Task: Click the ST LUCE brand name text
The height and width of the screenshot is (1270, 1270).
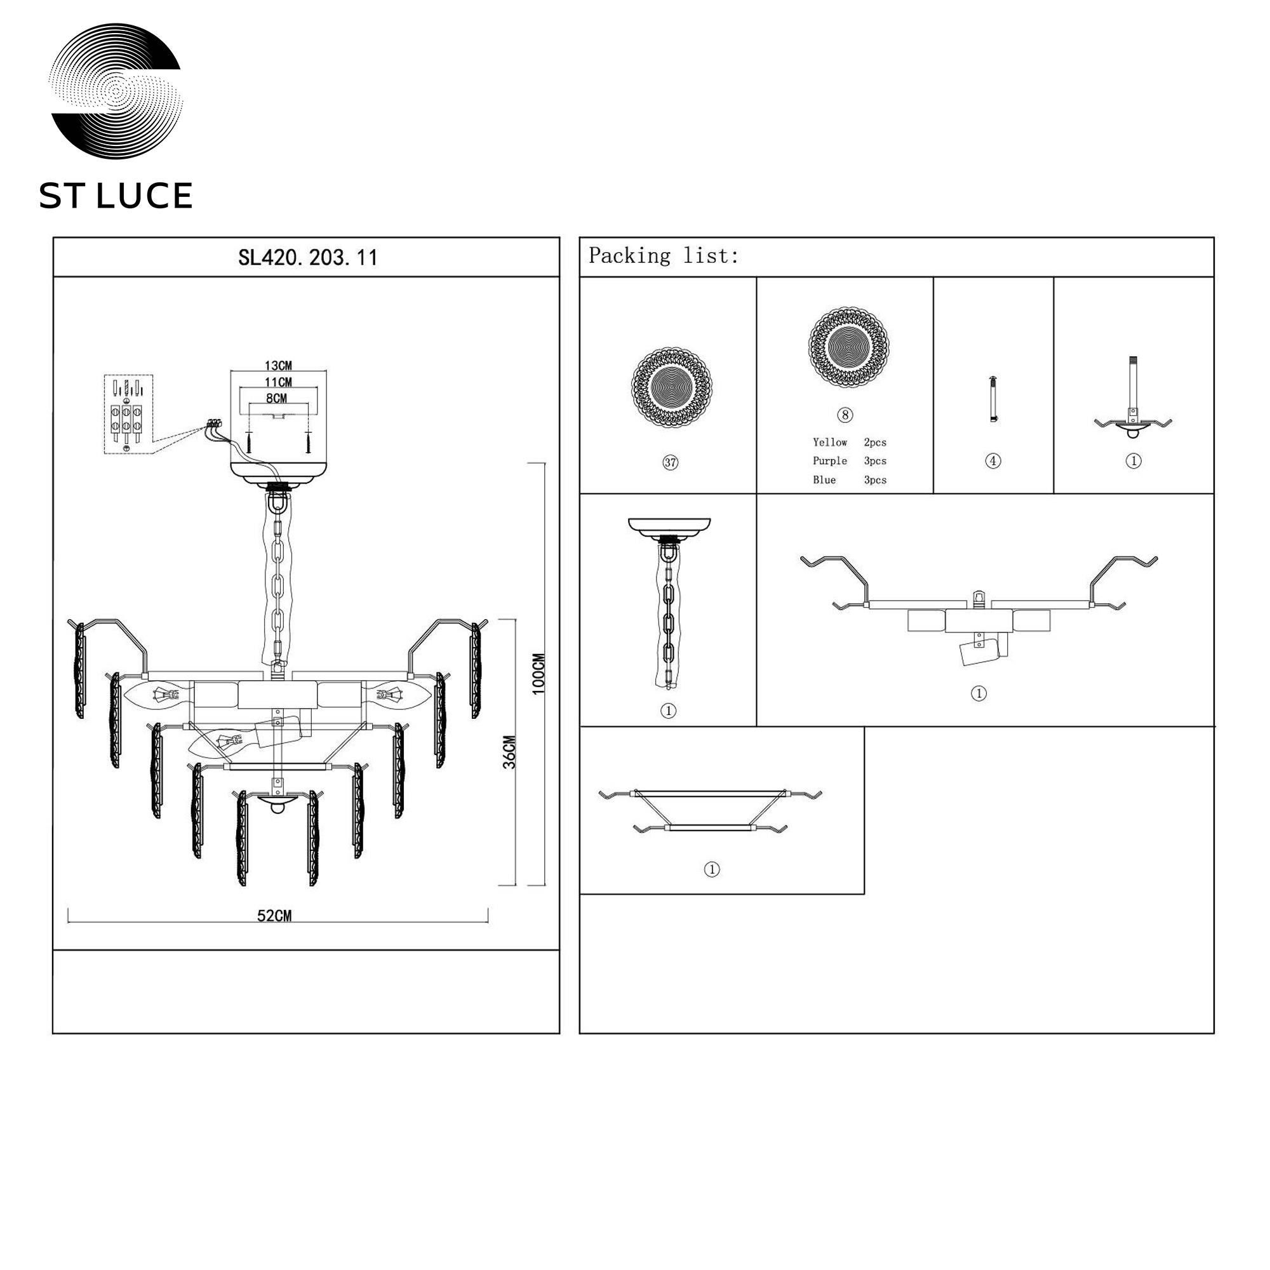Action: (116, 196)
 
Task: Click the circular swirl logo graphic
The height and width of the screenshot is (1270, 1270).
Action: (116, 91)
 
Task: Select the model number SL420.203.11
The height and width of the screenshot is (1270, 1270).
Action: (307, 257)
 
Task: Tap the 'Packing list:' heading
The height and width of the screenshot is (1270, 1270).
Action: (664, 255)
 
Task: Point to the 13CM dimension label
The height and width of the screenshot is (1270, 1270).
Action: (278, 366)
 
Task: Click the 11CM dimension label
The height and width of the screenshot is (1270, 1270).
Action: (278, 382)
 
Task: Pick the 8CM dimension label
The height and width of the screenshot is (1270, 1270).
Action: (277, 398)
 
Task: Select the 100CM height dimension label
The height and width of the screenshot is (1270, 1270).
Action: (538, 674)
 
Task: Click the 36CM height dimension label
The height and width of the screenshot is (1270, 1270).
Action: (509, 752)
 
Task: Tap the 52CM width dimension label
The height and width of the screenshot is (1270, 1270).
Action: (274, 916)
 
